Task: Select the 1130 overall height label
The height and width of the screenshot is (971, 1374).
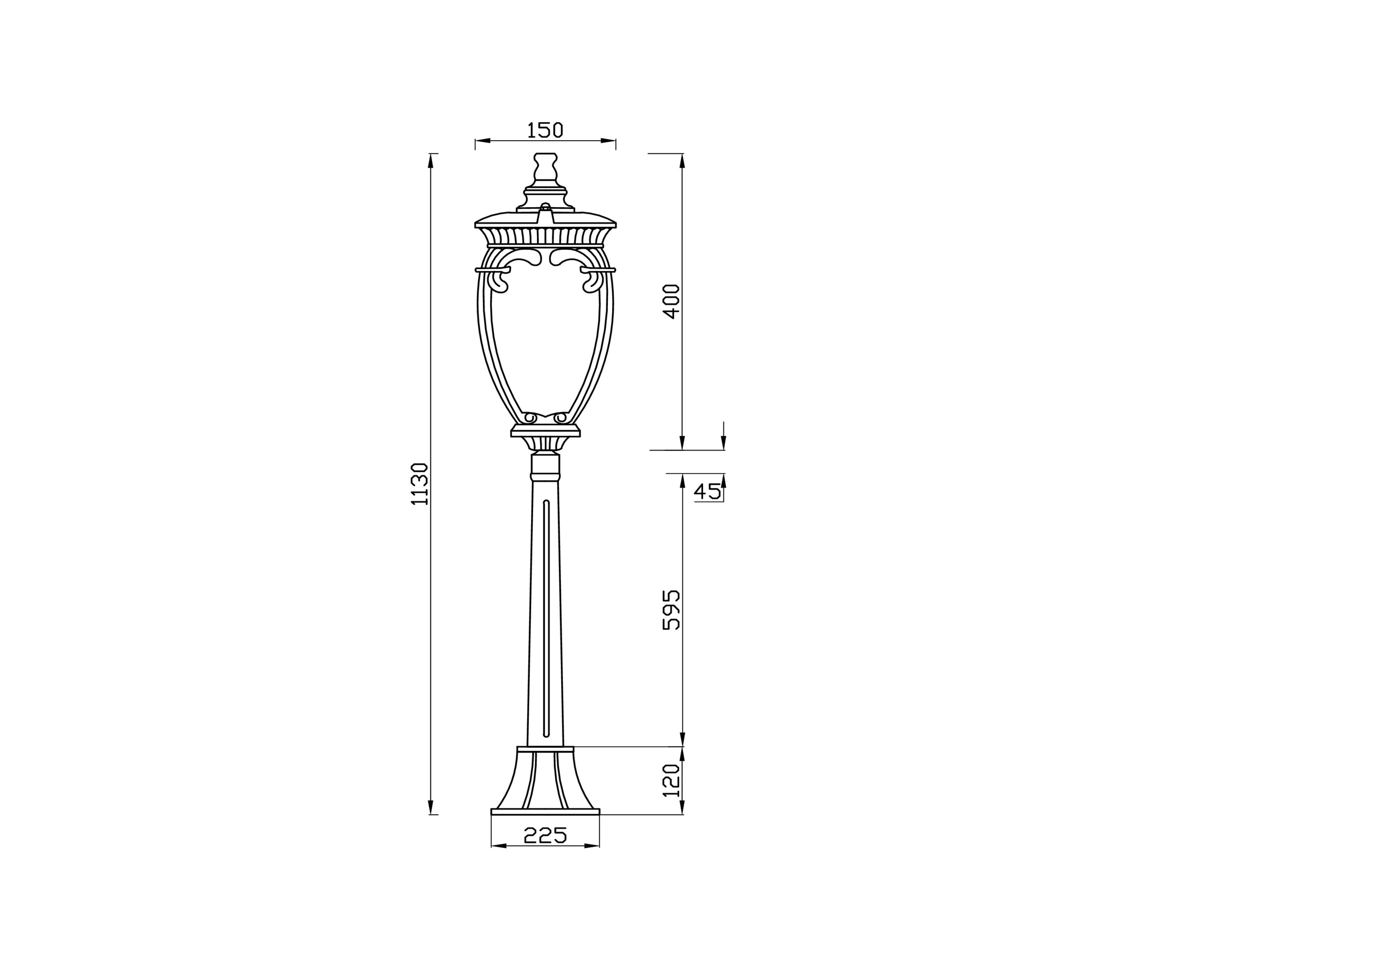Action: point(420,484)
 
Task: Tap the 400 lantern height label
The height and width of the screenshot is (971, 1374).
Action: point(672,301)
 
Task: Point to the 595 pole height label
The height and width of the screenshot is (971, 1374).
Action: point(672,610)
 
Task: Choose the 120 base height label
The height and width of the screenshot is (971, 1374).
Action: point(672,780)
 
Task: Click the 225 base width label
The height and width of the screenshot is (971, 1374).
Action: point(545,835)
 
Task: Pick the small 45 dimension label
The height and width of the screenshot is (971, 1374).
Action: point(707,491)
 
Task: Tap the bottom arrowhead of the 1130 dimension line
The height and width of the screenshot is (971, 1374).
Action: point(431,808)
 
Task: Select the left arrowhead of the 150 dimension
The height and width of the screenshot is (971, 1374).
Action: point(482,141)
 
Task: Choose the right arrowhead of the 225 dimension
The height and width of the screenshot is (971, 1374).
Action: point(592,846)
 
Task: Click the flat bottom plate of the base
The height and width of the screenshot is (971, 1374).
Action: point(545,812)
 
